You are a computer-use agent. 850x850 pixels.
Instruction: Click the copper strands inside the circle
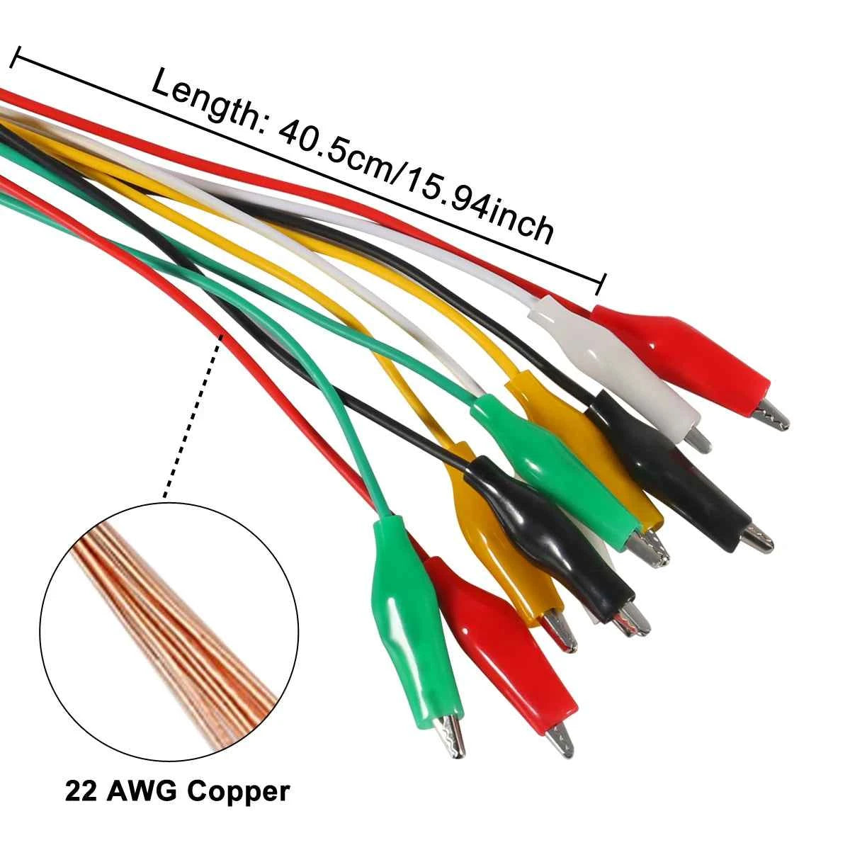tap(170, 623)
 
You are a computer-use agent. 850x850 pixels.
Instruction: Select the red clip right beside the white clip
tap(680, 354)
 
